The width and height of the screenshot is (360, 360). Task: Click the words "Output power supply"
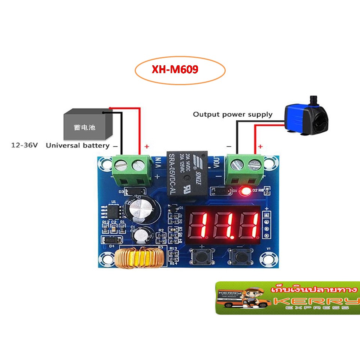click(232, 114)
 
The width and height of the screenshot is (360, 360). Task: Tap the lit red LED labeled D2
click(246, 192)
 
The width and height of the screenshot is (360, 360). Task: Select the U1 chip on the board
click(114, 211)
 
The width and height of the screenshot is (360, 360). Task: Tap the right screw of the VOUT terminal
click(255, 163)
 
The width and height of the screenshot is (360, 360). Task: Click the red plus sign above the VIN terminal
click(147, 146)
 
